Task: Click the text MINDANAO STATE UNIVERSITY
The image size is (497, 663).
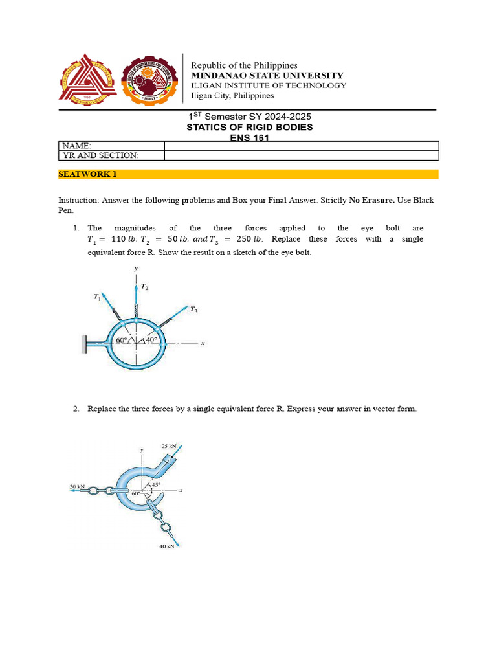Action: pos(266,75)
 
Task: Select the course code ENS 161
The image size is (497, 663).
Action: pos(249,137)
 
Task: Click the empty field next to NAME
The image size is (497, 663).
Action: pos(301,146)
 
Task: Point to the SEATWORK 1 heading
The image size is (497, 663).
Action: pos(87,174)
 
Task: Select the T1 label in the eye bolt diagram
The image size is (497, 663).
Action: pos(97,297)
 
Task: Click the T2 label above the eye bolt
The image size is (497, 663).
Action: pos(145,287)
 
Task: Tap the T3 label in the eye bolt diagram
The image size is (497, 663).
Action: pos(193,311)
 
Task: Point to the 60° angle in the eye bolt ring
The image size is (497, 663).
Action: pos(121,340)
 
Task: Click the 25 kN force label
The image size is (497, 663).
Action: pos(169,447)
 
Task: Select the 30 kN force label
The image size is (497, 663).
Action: pos(77,486)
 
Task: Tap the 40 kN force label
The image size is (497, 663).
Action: pos(167,546)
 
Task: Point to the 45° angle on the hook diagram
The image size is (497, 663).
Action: pos(156,484)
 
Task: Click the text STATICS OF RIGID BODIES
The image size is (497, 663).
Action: pos(249,127)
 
